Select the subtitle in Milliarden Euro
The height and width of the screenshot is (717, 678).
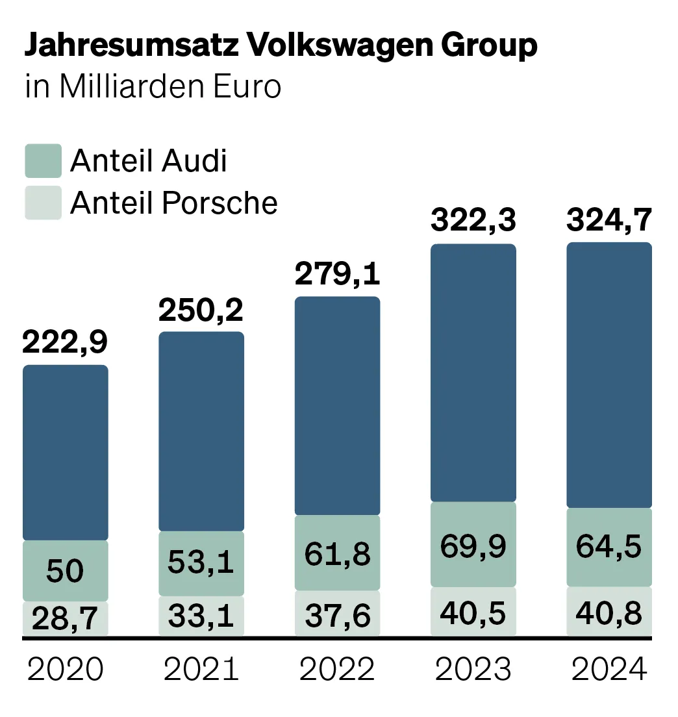click(153, 87)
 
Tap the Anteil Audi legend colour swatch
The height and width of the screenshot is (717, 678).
click(43, 160)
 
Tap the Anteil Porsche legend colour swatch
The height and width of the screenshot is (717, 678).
click(43, 203)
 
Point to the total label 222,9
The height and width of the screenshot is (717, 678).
click(65, 343)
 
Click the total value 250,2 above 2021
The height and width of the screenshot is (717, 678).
click(201, 310)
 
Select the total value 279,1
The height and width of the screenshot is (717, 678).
click(337, 274)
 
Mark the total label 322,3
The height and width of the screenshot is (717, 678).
click(473, 221)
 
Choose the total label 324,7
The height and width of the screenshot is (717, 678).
click(609, 221)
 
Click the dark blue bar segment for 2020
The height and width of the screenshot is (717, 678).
click(66, 452)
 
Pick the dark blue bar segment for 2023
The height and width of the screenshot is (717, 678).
click(473, 373)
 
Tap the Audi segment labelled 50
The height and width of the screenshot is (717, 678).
click(66, 571)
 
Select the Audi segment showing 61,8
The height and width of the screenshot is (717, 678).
click(337, 553)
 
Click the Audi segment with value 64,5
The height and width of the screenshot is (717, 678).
click(609, 547)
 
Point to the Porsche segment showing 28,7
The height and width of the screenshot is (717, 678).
click(66, 620)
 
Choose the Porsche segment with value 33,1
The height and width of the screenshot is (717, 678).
click(201, 616)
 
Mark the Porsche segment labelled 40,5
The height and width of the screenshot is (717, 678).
click(473, 612)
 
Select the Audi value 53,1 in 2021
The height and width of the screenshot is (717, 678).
click(201, 562)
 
